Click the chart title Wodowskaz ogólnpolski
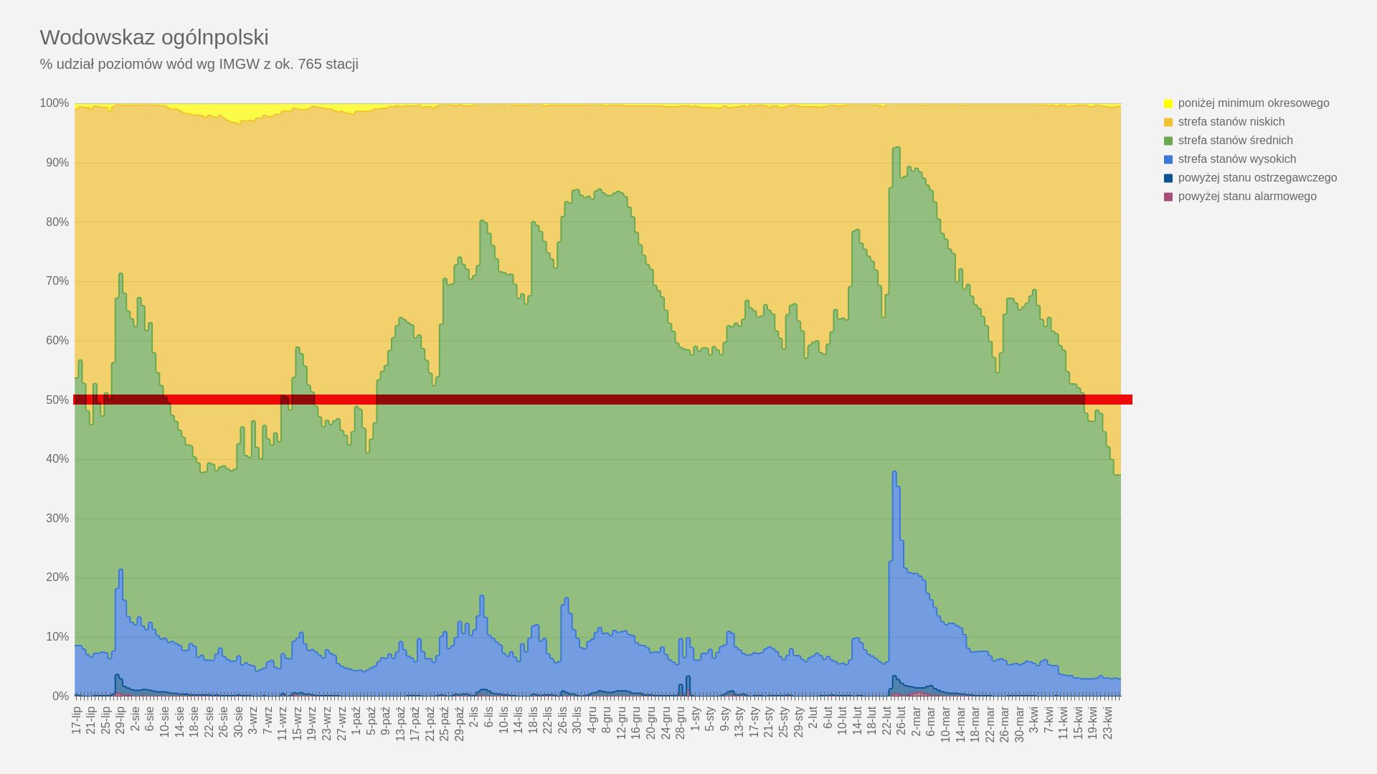point(154,37)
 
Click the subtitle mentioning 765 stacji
point(199,65)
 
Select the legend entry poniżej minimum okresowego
point(1253,103)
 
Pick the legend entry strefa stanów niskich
point(1231,122)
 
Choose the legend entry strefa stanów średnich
point(1235,141)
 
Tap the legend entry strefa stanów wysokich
point(1236,159)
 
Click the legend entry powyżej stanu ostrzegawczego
point(1257,178)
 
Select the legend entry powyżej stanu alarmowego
point(1246,197)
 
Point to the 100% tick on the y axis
point(55,103)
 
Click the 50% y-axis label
point(57,400)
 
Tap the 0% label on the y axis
point(60,697)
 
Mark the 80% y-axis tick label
point(57,222)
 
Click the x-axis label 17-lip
point(77,720)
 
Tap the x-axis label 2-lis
point(474,719)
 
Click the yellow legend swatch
point(1168,103)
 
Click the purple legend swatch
point(1168,197)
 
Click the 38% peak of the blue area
point(894,473)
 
